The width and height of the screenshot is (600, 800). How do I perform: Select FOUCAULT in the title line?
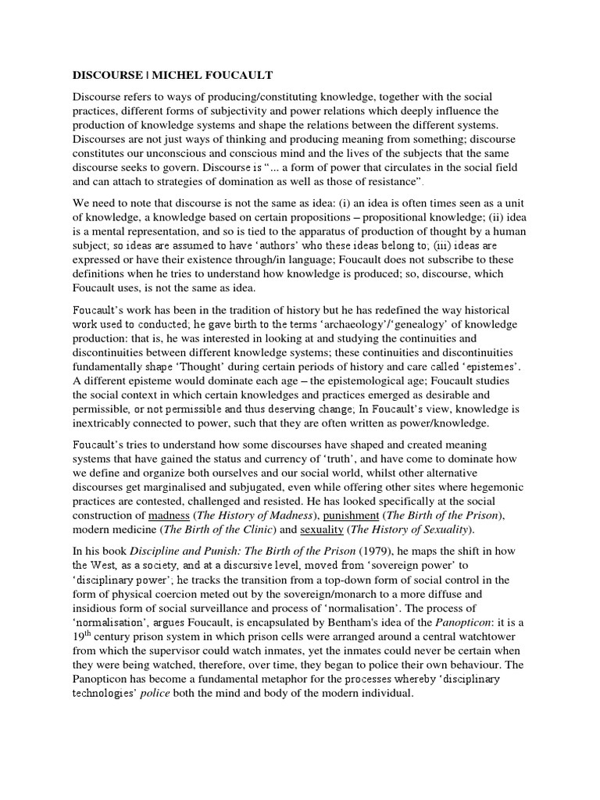coord(241,75)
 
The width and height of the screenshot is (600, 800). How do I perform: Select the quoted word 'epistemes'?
coord(490,367)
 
